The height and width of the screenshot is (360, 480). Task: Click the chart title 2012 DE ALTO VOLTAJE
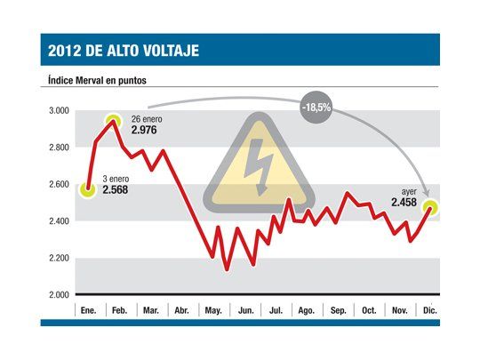point(124,51)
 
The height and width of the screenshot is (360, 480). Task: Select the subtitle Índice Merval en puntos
point(98,80)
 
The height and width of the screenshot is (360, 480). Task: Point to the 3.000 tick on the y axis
point(59,111)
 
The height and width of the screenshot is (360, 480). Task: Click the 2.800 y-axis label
point(59,148)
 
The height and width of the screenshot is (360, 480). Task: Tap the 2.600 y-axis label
point(59,185)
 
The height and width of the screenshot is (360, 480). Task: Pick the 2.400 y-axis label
point(59,221)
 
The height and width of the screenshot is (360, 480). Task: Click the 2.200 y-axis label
point(59,259)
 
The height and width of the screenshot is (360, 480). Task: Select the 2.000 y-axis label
point(59,295)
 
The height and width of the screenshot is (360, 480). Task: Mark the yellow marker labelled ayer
point(430,208)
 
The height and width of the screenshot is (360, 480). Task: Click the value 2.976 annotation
point(147,131)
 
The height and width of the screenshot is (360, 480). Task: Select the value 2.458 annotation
point(405,203)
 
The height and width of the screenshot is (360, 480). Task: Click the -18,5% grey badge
point(317,106)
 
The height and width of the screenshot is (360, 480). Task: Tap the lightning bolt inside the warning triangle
point(260,165)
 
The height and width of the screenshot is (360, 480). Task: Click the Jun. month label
point(246,310)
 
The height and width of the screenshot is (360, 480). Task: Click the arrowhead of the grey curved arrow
point(426,197)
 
